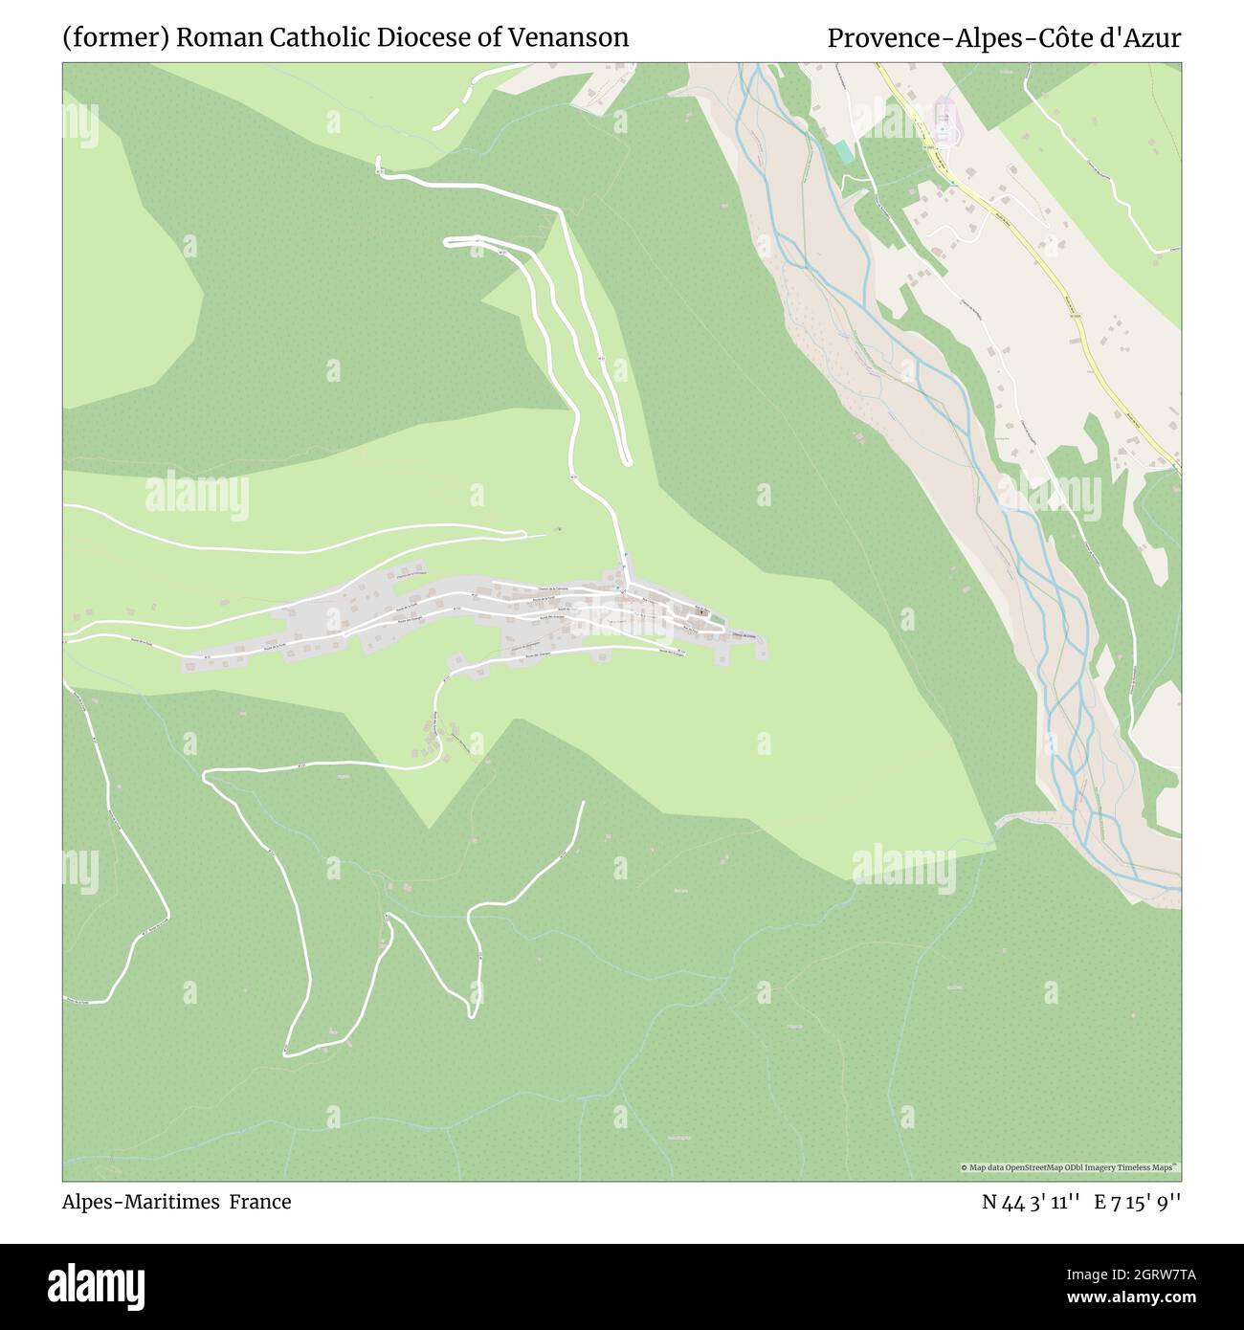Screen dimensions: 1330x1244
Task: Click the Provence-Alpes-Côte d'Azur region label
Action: tap(1004, 38)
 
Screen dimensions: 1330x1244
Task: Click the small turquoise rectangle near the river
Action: tap(841, 150)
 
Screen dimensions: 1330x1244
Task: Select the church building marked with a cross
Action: tap(701, 611)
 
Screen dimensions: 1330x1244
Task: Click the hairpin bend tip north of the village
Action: tap(627, 462)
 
